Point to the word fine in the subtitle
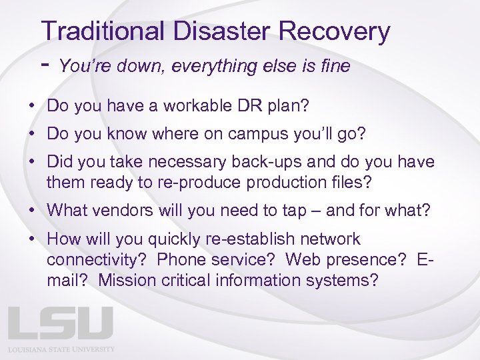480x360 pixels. pos(333,66)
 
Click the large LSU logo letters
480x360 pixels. pos(61,323)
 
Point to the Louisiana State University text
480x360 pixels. pos(61,349)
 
